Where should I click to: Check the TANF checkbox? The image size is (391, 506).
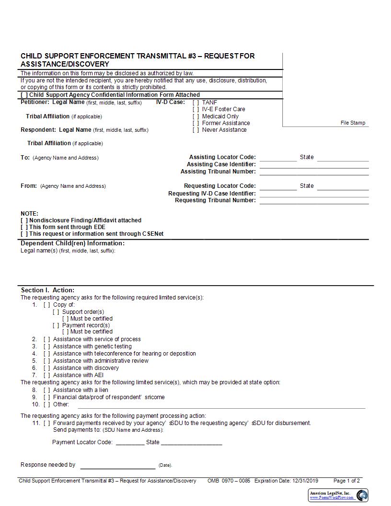pyautogui.click(x=195, y=103)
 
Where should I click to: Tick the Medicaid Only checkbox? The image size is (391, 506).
pyautogui.click(x=195, y=116)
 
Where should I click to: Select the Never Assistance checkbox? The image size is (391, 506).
pyautogui.click(x=195, y=130)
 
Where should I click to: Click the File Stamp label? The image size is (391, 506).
pyautogui.click(x=353, y=123)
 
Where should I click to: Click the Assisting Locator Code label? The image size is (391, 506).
pyautogui.click(x=222, y=157)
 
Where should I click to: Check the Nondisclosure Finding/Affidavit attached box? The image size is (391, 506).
pyautogui.click(x=24, y=220)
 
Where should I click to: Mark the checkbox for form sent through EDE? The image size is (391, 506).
pyautogui.click(x=24, y=227)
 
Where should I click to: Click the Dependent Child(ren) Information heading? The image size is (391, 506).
pyautogui.click(x=72, y=243)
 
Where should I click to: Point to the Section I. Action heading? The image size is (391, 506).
pyautogui.click(x=47, y=290)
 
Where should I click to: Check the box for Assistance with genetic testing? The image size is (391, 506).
pyautogui.click(x=46, y=346)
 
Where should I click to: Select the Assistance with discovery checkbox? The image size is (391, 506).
pyautogui.click(x=46, y=368)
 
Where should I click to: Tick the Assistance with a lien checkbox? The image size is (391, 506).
pyautogui.click(x=46, y=390)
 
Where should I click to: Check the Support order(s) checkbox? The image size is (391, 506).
pyautogui.click(x=56, y=312)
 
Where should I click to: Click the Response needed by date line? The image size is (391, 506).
pyautogui.click(x=117, y=467)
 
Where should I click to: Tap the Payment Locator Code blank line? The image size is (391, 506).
pyautogui.click(x=130, y=444)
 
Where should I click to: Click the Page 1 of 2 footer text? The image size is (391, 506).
pyautogui.click(x=346, y=481)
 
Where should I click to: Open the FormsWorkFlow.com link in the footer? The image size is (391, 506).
pyautogui.click(x=332, y=497)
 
